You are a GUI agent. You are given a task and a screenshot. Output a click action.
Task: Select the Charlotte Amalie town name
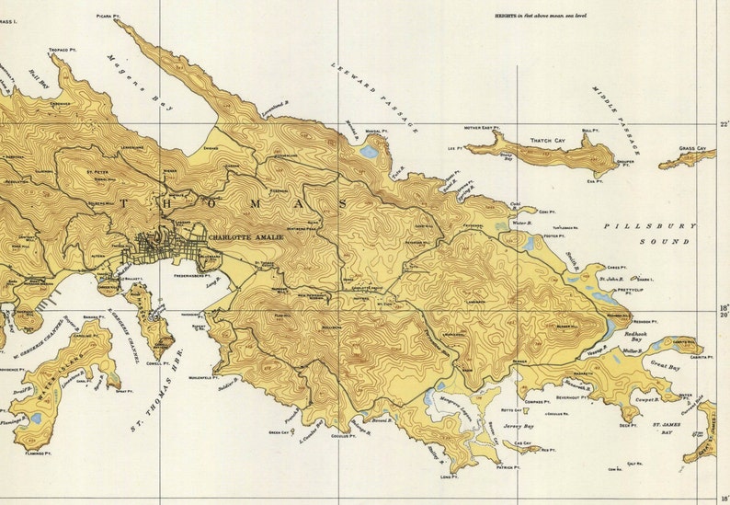coord(246,236)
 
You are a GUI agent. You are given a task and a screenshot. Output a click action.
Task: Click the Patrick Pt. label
coord(508,467)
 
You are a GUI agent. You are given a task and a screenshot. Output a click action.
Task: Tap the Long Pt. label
coord(448,476)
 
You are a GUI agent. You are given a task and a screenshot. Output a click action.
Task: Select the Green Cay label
coord(279,431)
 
